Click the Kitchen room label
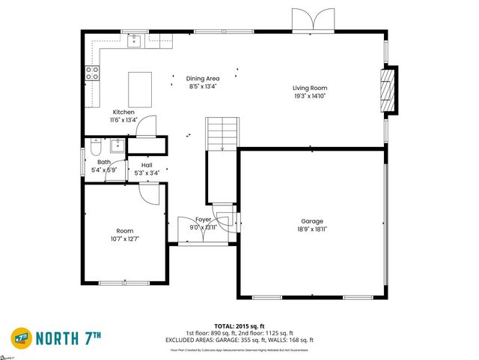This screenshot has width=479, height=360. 123,112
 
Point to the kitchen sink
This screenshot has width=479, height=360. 135,40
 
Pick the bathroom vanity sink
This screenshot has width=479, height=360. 118,145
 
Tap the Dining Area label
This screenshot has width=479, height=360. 202,78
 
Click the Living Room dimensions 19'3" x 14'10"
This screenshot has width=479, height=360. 309,96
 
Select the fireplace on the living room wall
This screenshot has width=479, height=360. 388,91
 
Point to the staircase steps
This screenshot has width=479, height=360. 222,133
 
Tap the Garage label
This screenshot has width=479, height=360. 312,221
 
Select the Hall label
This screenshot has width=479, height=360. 146,164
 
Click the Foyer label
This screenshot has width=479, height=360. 203,219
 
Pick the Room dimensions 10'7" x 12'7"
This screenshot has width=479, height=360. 123,238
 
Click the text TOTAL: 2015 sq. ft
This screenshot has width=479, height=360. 239,326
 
